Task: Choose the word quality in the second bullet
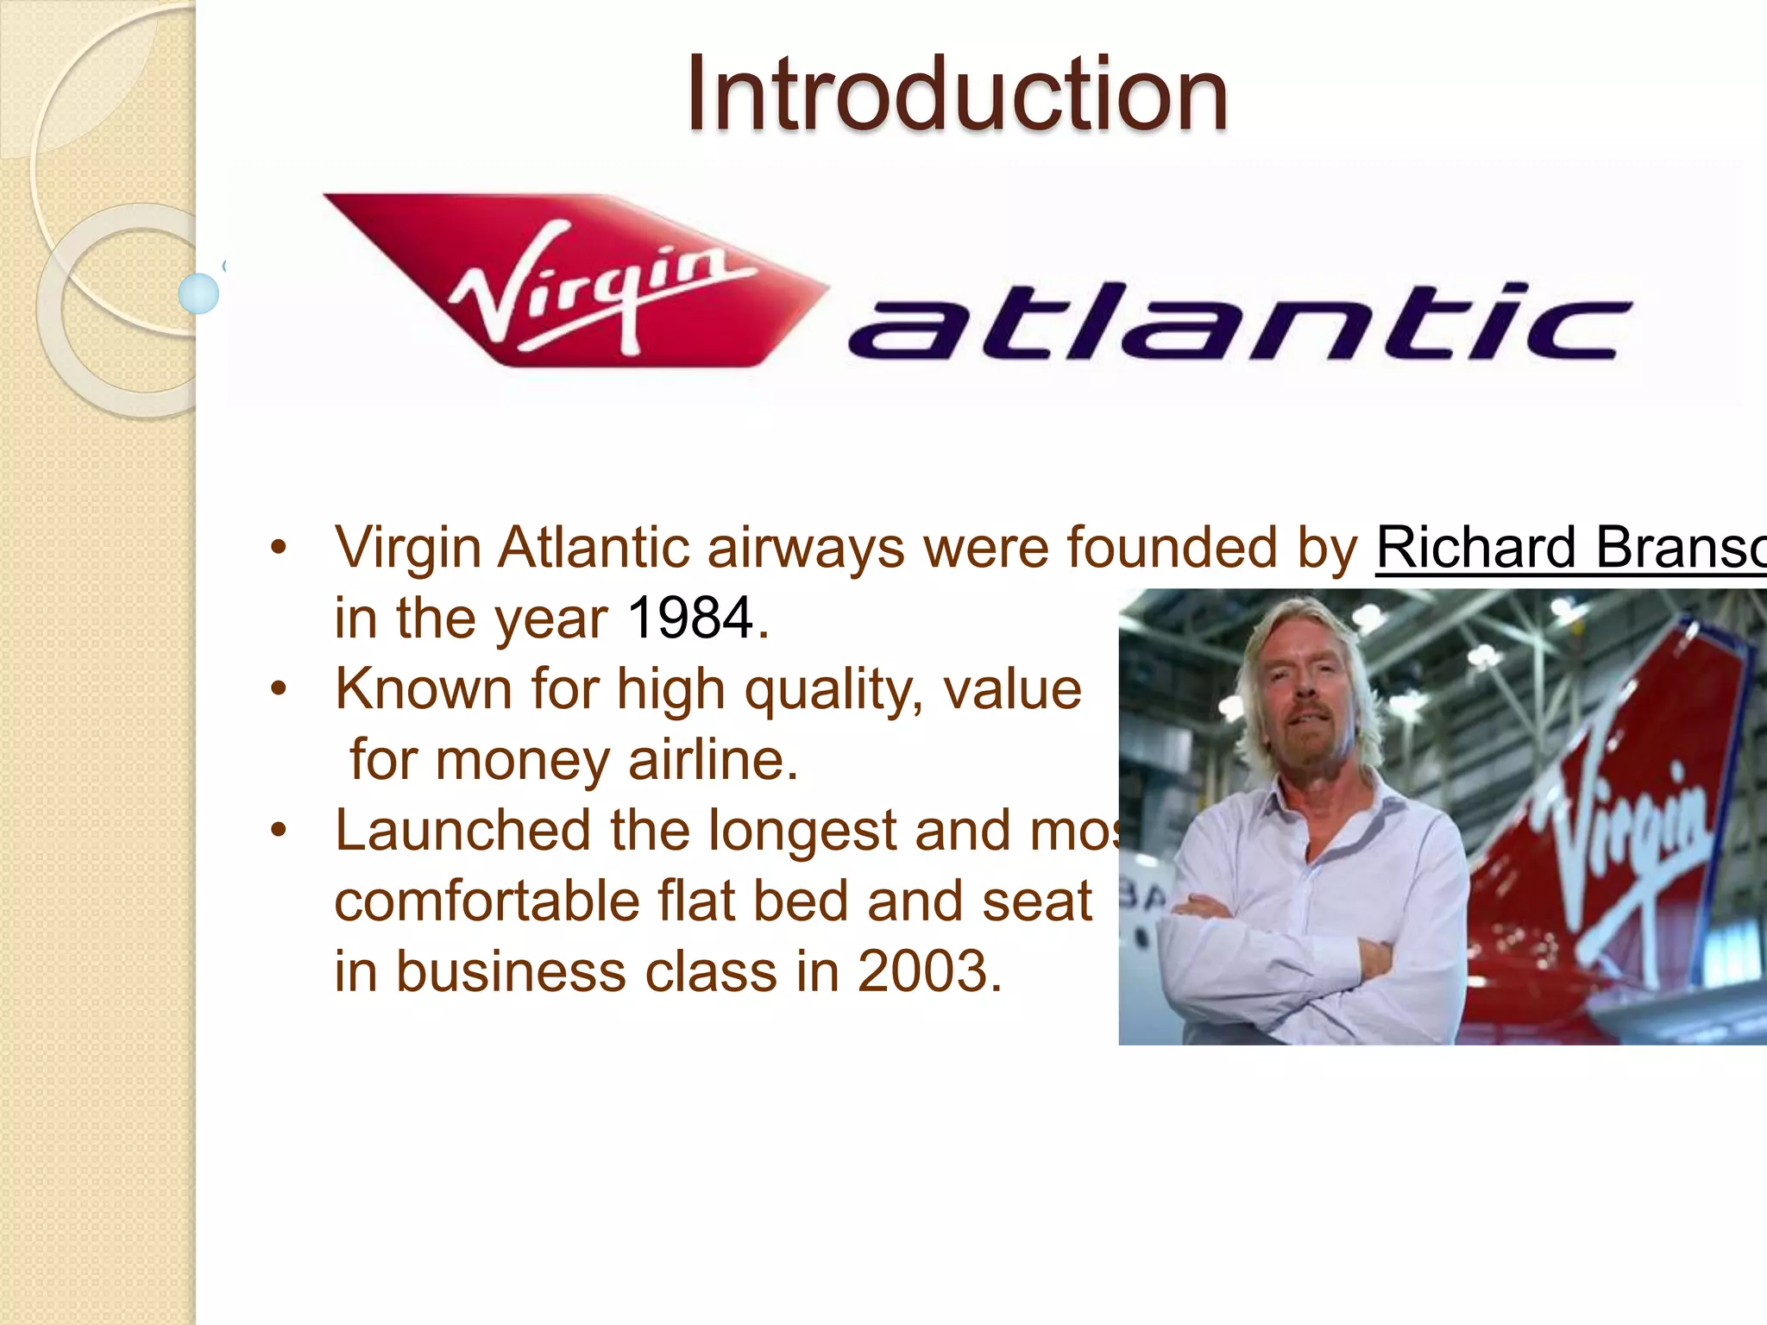click(x=828, y=690)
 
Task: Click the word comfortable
click(x=486, y=901)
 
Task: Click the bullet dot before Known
click(x=278, y=689)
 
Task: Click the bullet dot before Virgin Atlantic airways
click(x=278, y=548)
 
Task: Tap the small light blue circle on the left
click(x=198, y=293)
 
